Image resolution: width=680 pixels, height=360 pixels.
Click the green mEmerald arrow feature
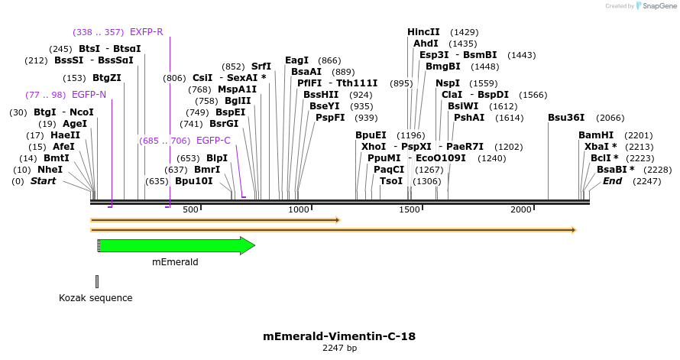click(x=176, y=245)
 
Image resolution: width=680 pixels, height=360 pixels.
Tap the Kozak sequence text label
click(x=96, y=298)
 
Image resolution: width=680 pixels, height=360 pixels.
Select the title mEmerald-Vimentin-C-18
click(x=339, y=336)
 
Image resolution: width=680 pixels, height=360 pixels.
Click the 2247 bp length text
click(x=339, y=349)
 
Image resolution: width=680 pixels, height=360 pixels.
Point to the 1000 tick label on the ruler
click(x=298, y=209)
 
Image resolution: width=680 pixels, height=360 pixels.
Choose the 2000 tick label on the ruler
click(x=521, y=209)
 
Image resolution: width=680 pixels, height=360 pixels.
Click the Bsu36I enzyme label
click(x=566, y=118)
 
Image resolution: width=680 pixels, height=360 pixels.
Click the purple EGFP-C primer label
click(x=213, y=141)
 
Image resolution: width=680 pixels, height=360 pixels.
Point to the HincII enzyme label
click(x=423, y=32)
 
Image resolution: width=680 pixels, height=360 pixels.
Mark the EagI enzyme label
click(x=296, y=60)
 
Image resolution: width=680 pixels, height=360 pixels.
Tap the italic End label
click(x=612, y=181)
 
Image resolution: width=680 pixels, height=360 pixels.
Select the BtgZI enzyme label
click(x=107, y=78)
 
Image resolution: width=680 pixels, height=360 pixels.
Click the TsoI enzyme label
click(x=391, y=181)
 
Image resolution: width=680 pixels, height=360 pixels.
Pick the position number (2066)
click(x=611, y=118)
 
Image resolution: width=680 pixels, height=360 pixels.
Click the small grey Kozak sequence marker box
click(x=97, y=281)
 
